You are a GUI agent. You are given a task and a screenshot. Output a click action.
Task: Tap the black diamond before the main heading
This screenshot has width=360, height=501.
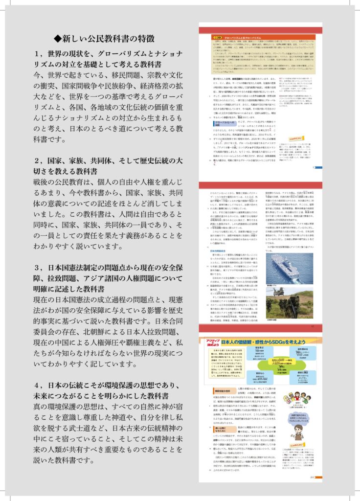pyautogui.click(x=57, y=38)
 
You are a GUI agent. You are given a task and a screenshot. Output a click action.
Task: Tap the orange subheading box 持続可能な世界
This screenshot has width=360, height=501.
pyautogui.click(x=221, y=392)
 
